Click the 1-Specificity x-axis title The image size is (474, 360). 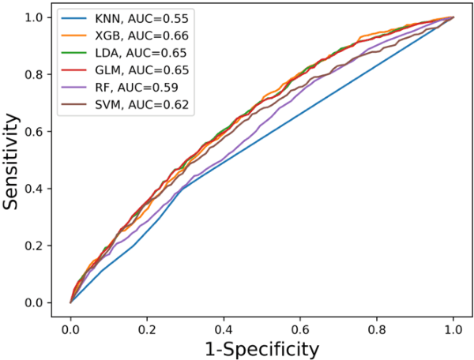point(262,347)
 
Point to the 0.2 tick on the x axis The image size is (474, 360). point(148,324)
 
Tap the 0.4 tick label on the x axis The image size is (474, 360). point(224,324)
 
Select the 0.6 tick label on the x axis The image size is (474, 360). point(301,324)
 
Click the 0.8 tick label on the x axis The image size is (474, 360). point(378,324)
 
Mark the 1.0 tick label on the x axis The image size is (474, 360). point(453,324)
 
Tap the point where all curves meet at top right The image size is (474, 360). point(453,17)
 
